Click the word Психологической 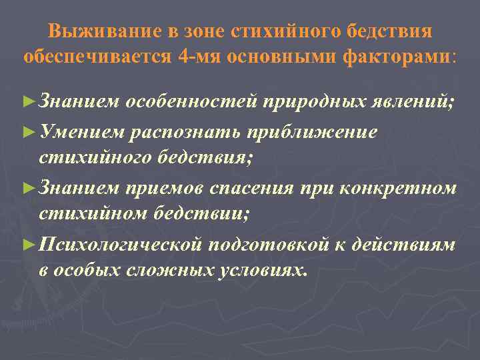[x=121, y=244]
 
